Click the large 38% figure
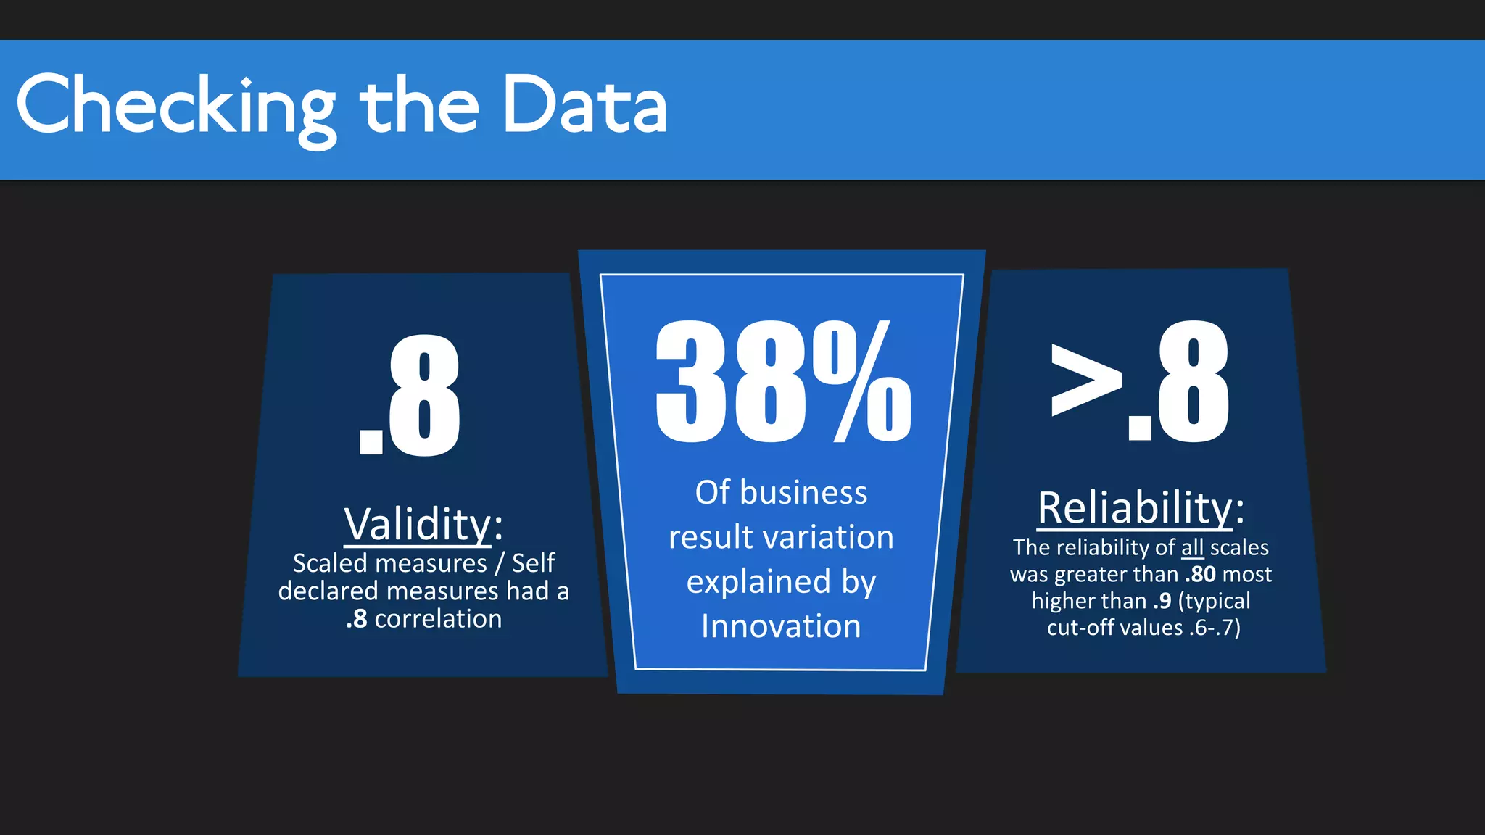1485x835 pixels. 783,382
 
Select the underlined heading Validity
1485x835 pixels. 418,524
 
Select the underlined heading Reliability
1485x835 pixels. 1135,507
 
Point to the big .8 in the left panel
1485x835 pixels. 410,396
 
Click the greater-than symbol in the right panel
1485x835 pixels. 1085,380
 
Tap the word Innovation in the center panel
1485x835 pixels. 781,626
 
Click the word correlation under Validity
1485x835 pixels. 438,619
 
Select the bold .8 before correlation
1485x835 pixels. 357,619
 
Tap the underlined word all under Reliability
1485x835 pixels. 1192,547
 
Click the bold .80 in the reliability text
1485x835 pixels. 1200,574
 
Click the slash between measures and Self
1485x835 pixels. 500,563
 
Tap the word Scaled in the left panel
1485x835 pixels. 330,563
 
